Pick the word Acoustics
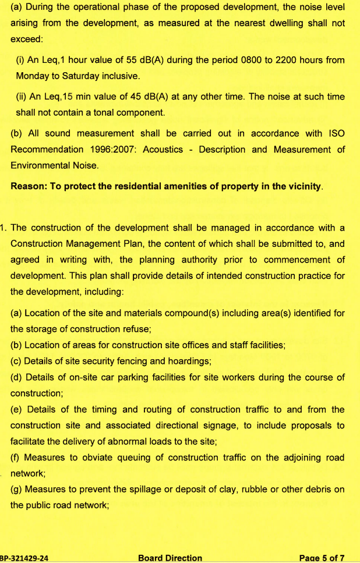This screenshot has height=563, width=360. coord(163,150)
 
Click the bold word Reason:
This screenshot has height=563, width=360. coord(30,187)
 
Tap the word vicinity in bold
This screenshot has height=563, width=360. coord(302,187)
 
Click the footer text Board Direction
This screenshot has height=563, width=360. coord(170,558)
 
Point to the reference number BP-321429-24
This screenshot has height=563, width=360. coord(24,558)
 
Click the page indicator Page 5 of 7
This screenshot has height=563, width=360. coord(322,558)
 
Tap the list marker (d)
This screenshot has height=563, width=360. coord(17,377)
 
